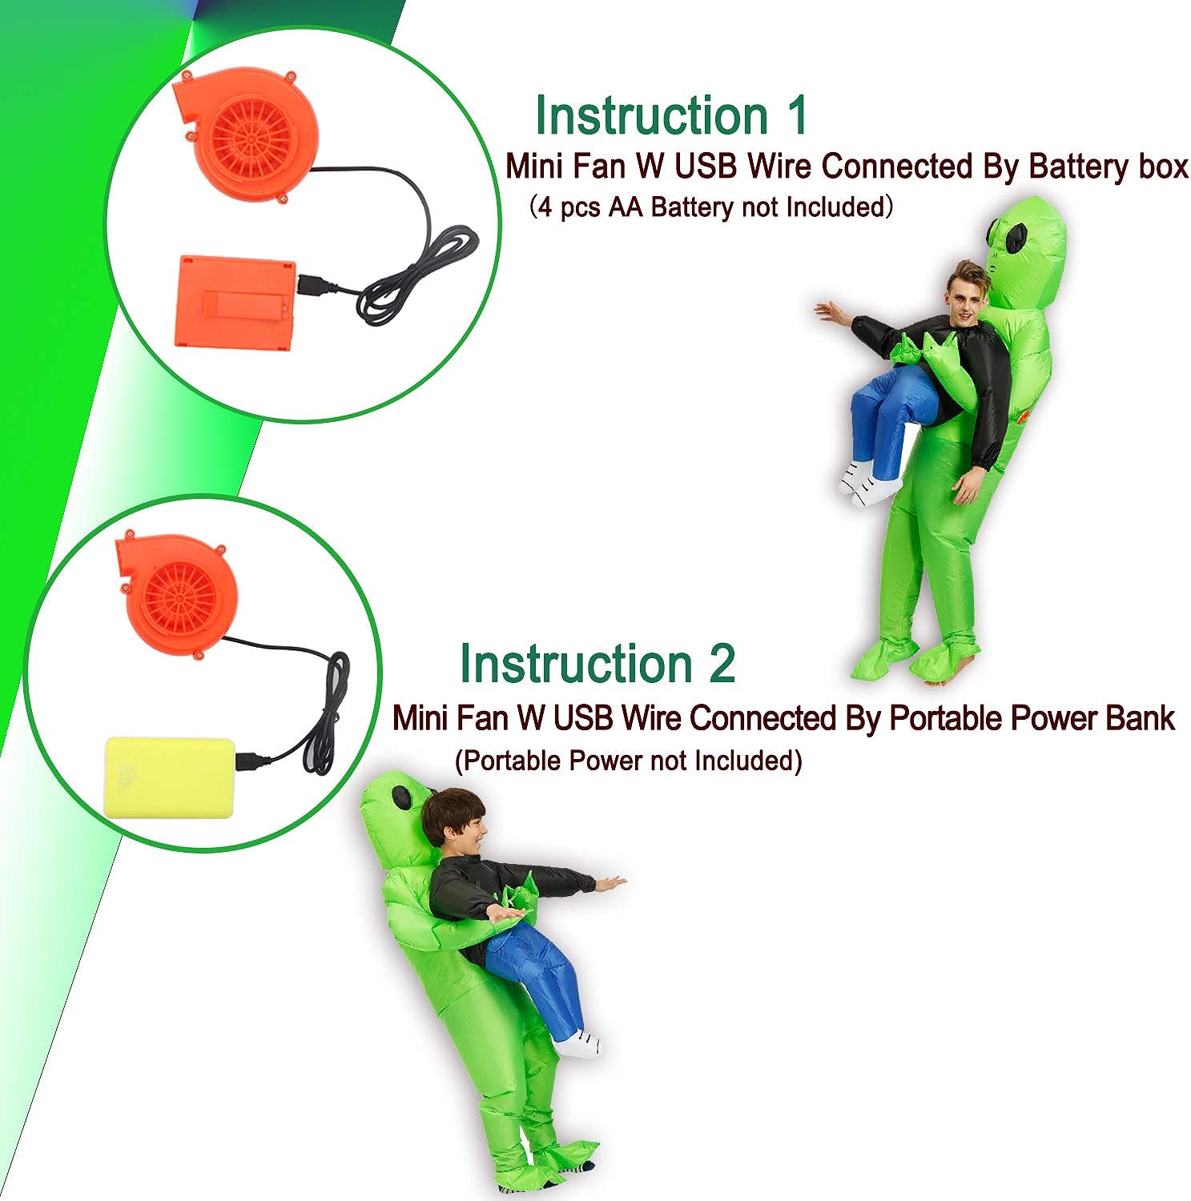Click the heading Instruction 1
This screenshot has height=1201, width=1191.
coord(671,116)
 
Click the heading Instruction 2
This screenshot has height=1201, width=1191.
coord(597,665)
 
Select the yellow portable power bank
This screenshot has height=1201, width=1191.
coord(170,777)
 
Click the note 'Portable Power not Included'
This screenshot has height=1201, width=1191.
coord(628,761)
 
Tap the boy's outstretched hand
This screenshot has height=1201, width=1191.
coord(610,884)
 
